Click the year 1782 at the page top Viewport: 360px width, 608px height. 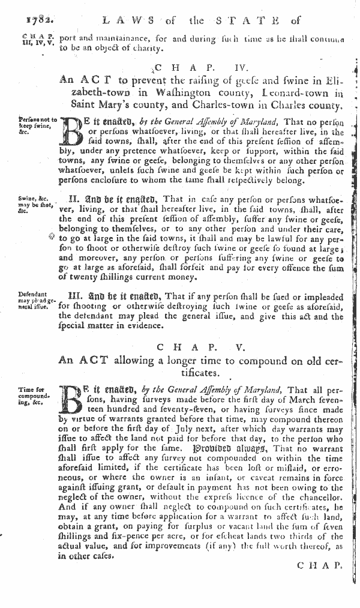click(x=19, y=20)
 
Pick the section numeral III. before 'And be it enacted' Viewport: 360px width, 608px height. click(x=81, y=295)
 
